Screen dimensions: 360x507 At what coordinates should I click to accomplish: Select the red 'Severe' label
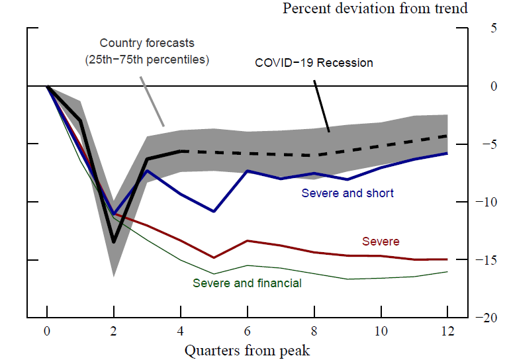(381, 242)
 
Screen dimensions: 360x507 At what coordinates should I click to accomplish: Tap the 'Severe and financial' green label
(247, 283)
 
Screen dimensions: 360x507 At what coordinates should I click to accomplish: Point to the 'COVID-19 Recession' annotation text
(314, 64)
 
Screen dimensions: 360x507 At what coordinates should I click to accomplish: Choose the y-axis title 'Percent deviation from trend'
(375, 9)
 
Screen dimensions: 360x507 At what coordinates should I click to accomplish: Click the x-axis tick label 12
(447, 331)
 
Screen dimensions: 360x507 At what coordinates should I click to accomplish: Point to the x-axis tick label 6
(247, 331)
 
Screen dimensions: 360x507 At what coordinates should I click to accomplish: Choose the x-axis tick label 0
(47, 331)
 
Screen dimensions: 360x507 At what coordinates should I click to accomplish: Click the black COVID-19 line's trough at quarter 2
(114, 242)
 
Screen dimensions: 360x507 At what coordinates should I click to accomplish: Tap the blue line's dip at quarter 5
(214, 211)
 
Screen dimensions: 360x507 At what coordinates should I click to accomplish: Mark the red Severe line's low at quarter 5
(214, 257)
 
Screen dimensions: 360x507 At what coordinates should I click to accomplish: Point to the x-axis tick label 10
(381, 331)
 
